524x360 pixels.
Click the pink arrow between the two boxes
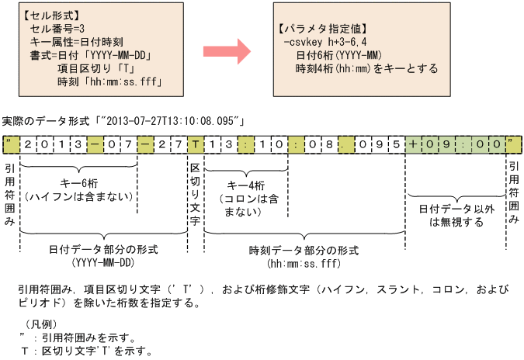(x=227, y=53)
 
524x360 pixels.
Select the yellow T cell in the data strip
(x=195, y=144)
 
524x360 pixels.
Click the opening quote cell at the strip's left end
(x=9, y=144)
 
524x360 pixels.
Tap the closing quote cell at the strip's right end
(x=514, y=144)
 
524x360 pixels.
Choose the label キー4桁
(x=248, y=185)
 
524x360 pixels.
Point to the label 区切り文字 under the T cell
(x=195, y=194)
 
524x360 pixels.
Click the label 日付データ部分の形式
(x=93, y=250)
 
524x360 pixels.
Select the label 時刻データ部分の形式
(x=304, y=250)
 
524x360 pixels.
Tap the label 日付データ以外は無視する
(x=456, y=216)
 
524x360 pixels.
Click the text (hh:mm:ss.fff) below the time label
(x=304, y=263)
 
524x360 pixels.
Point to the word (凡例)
(x=40, y=324)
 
